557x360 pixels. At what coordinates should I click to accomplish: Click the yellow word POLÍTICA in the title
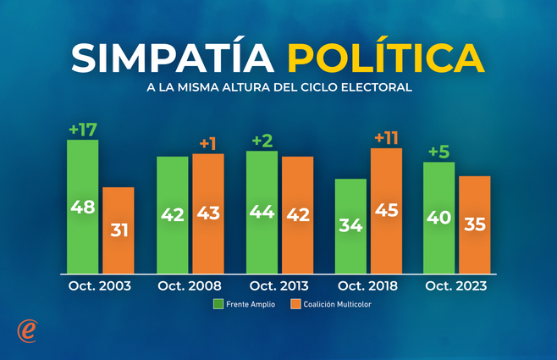(386, 57)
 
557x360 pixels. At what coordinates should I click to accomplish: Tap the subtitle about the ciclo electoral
(278, 87)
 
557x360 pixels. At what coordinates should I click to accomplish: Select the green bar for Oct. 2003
(83, 207)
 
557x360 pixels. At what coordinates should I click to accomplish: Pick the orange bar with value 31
(119, 230)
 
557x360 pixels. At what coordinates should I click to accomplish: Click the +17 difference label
(83, 130)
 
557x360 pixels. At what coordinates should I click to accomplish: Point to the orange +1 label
(208, 143)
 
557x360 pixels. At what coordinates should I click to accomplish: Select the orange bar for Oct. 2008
(208, 213)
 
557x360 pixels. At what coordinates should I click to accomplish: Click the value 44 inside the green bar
(262, 213)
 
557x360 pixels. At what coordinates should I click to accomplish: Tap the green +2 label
(262, 141)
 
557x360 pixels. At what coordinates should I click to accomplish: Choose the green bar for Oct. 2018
(350, 226)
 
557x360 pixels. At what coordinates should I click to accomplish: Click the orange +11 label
(386, 137)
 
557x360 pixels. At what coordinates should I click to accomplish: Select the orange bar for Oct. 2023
(475, 224)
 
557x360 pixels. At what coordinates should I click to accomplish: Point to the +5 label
(439, 152)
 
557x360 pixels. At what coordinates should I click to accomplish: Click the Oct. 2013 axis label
(278, 286)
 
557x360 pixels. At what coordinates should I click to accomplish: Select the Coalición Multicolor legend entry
(331, 303)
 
